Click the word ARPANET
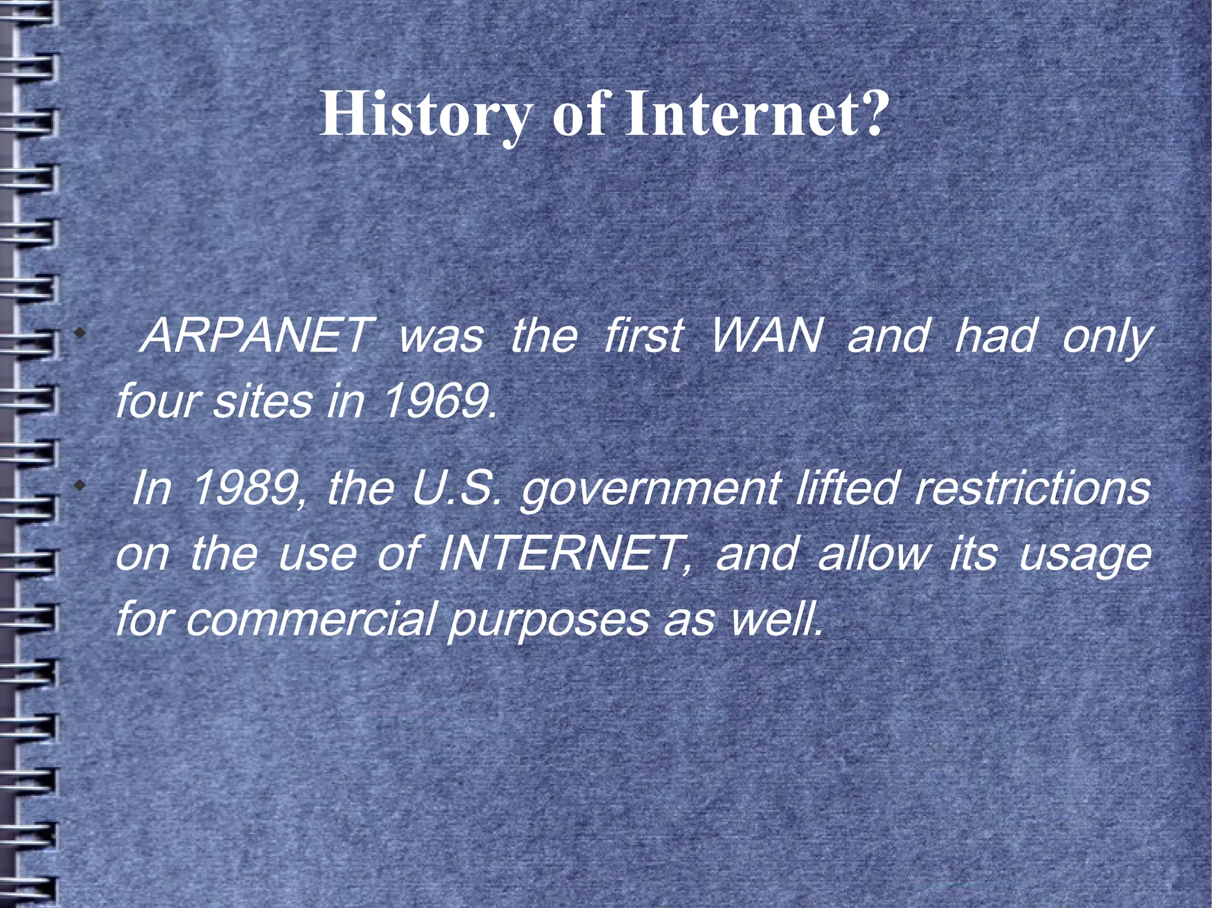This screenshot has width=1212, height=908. [x=255, y=335]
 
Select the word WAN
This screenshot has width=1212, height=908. [x=766, y=335]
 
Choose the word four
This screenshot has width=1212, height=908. [x=156, y=400]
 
